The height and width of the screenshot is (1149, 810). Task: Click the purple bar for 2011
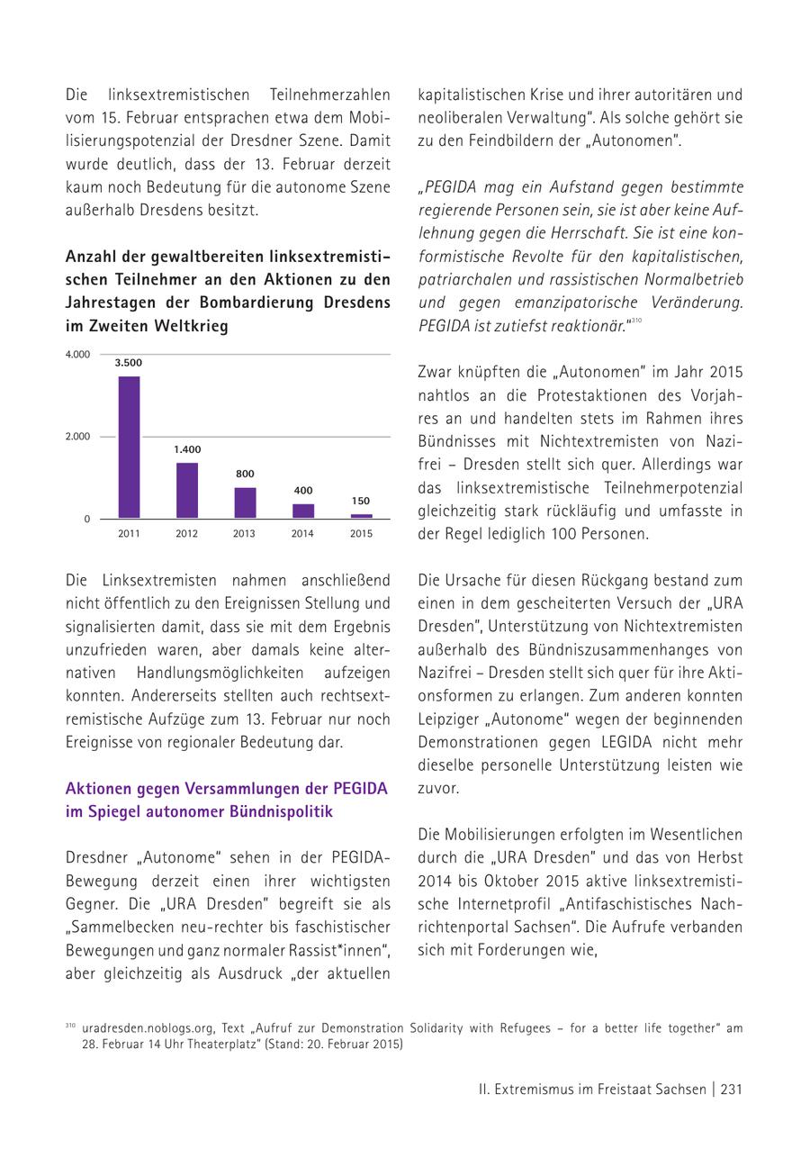[129, 447]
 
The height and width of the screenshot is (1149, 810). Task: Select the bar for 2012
[187, 490]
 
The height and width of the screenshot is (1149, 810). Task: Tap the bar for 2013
[245, 502]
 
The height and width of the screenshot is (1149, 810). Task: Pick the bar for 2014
[303, 511]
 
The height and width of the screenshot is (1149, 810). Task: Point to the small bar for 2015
[361, 516]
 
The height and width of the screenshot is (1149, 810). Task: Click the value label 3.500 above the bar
[128, 363]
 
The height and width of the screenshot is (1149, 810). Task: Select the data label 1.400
[187, 449]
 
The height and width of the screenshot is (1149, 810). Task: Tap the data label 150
[361, 501]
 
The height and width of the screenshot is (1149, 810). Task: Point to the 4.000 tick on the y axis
[77, 355]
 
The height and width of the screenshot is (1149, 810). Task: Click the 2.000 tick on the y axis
[77, 437]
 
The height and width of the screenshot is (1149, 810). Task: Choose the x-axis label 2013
[244, 534]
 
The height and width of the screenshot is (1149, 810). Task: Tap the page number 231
[731, 1090]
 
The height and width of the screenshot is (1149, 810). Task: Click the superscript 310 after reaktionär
[635, 321]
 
